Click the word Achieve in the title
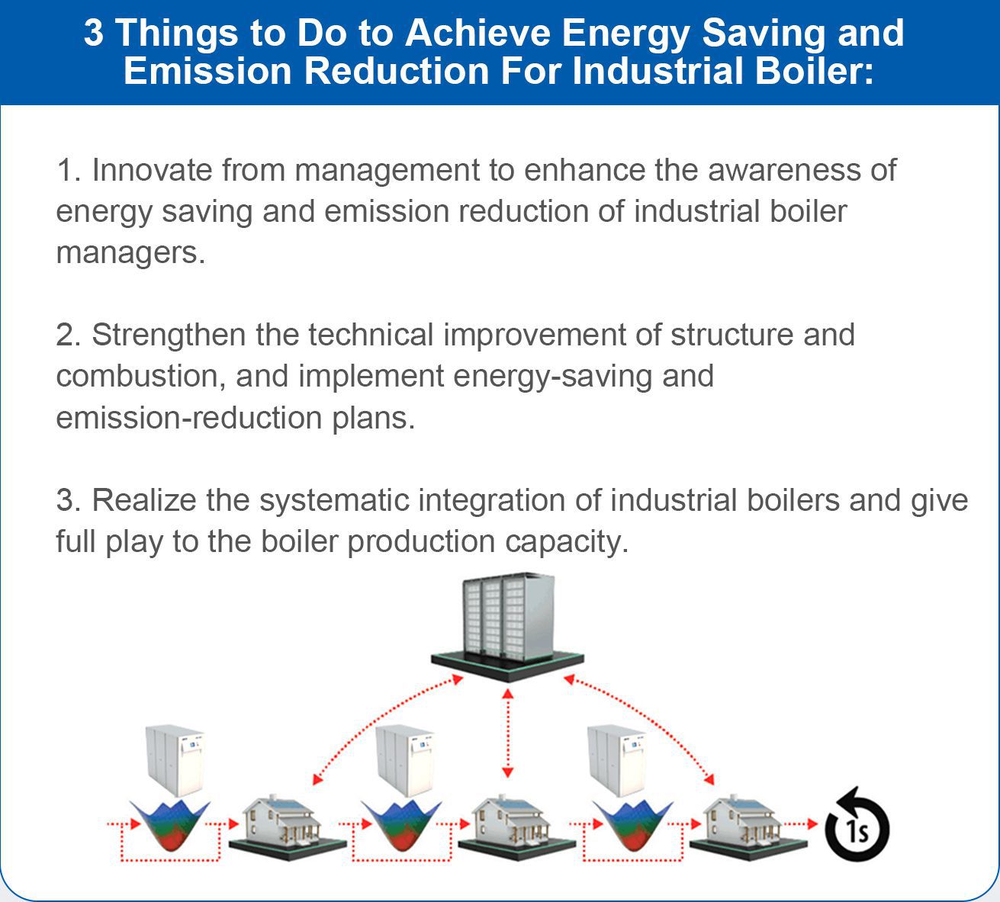coord(478,33)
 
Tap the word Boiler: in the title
coord(814,70)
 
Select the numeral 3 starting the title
coord(94,33)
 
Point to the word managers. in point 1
coord(130,253)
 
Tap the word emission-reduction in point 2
coord(189,418)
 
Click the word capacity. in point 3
coord(566,542)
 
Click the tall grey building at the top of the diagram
coord(507,627)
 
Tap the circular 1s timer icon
coord(857,825)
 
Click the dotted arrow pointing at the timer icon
coord(801,824)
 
